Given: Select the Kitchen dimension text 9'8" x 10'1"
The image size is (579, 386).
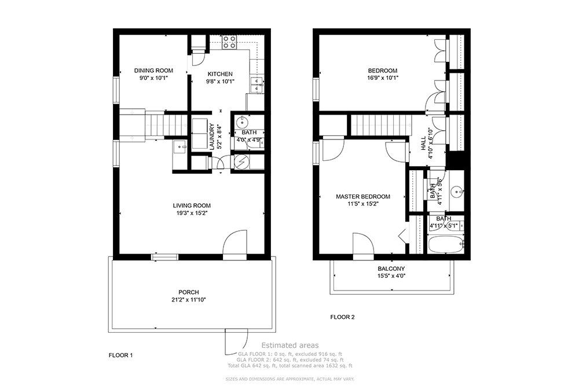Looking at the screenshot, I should [220, 82].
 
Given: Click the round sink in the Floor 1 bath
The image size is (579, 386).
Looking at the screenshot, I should [242, 123].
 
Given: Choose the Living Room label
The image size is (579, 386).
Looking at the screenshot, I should [192, 205].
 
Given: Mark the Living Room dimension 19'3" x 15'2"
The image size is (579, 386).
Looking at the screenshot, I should [192, 213].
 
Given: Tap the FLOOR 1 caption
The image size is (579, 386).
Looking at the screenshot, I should [121, 354].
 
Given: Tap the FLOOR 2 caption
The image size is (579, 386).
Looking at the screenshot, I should [342, 317].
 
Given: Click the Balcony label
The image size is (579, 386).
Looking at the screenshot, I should [391, 269].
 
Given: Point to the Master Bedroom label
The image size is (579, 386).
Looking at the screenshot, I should [363, 197].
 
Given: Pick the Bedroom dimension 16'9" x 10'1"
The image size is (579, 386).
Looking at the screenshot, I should [383, 78].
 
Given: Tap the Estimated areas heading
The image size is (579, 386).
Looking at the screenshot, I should [288, 345].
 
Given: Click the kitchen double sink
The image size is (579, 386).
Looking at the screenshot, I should [258, 85].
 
